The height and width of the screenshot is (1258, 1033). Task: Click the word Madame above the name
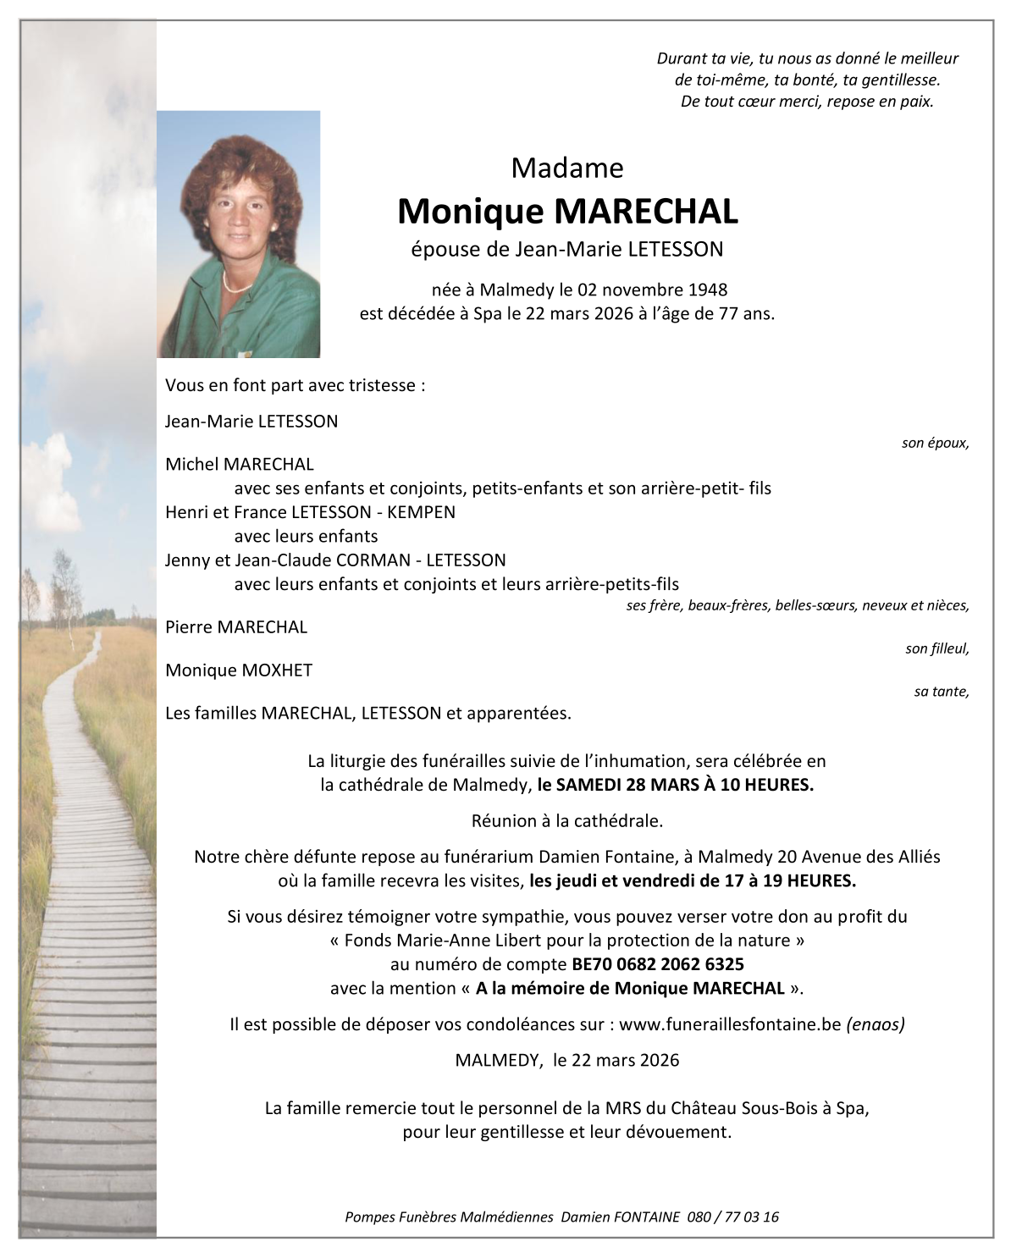point(566,168)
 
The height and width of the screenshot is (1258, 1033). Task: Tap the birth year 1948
point(707,290)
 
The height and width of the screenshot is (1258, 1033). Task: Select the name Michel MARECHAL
point(240,464)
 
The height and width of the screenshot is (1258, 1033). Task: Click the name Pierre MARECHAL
point(236,627)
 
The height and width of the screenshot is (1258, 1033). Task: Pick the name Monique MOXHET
point(239,670)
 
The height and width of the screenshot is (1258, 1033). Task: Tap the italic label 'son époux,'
point(935,443)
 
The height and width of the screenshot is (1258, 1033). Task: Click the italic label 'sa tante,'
point(941,692)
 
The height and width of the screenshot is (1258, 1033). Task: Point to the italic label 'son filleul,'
point(936,648)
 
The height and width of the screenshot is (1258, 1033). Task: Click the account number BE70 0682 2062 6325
point(658,964)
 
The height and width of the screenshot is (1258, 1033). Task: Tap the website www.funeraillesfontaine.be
point(730,1024)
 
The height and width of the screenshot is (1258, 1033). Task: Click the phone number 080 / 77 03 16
point(733,1217)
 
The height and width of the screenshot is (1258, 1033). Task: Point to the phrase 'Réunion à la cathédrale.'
point(566,820)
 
